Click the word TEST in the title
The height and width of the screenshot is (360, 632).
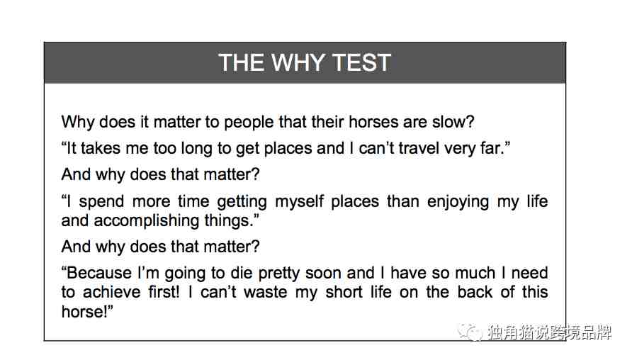361,63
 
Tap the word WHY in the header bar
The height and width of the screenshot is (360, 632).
298,63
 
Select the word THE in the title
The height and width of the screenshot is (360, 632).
241,63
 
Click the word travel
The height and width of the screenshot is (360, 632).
419,148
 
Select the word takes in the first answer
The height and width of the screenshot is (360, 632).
101,148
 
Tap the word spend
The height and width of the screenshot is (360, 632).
101,201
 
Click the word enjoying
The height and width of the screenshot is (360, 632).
458,201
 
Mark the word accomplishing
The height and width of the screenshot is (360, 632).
147,221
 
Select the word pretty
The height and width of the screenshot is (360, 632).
279,274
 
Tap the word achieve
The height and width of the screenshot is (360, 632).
112,292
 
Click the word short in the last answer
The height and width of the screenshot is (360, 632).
344,292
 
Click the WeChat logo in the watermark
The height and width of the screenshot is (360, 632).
470,332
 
